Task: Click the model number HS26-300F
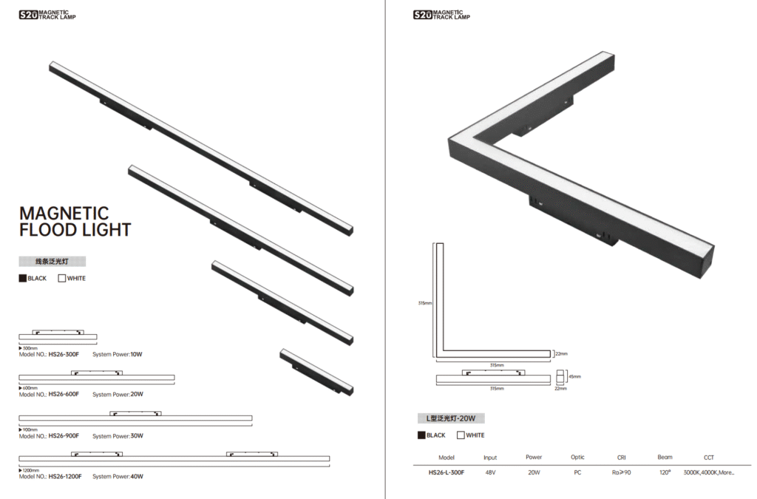(64, 354)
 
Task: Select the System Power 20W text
(118, 394)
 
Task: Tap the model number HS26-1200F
(65, 476)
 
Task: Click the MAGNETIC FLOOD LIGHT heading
(75, 222)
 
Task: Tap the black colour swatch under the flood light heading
(23, 279)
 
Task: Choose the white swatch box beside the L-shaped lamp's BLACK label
(461, 435)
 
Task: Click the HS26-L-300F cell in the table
(446, 472)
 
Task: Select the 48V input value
(490, 472)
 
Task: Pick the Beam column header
(665, 457)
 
